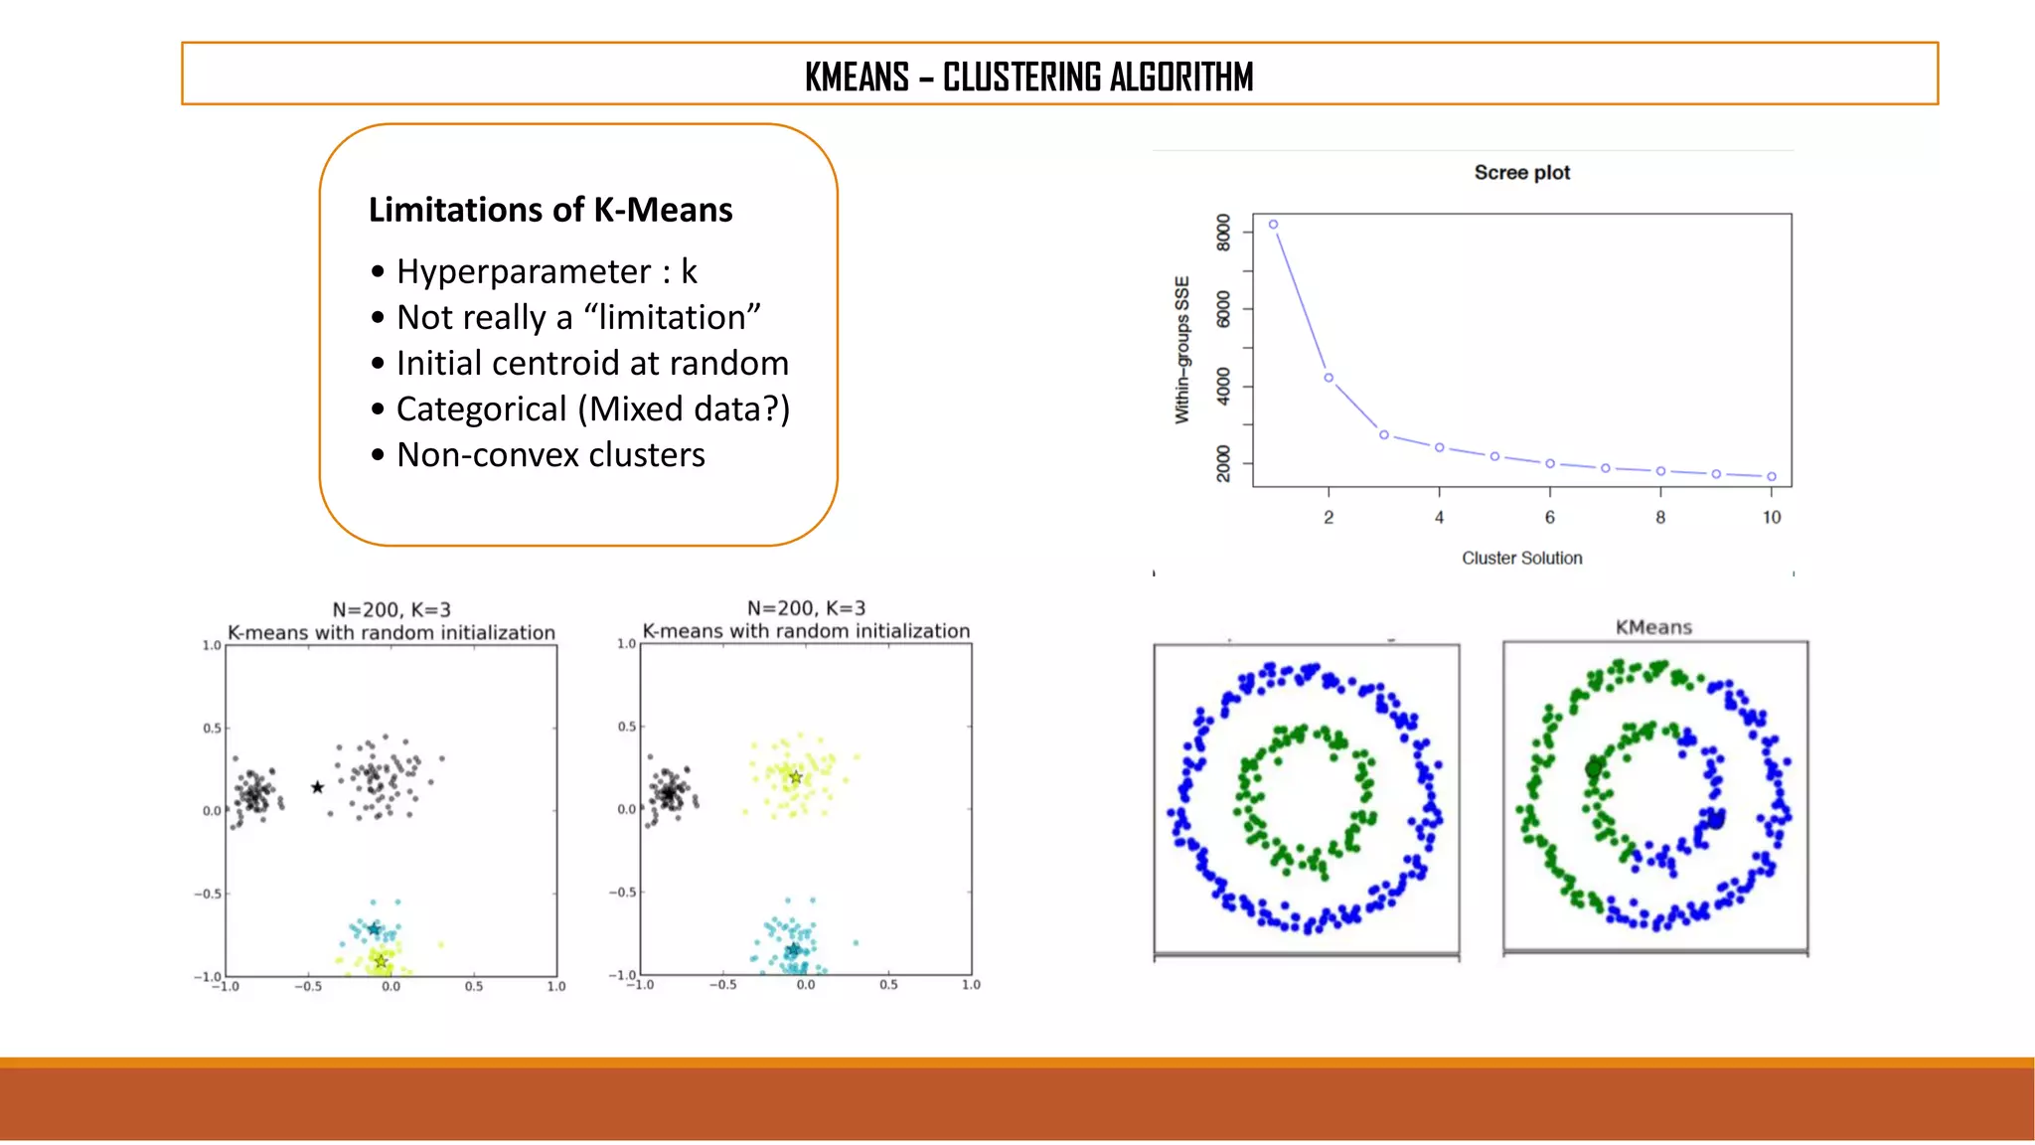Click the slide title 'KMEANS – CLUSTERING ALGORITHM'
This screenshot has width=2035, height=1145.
tap(1028, 77)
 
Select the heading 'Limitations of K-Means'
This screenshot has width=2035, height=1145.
tap(549, 210)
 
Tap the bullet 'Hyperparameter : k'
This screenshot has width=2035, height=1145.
tap(547, 271)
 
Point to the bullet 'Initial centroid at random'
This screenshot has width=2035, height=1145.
tap(592, 363)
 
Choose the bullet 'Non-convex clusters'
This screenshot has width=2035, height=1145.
tap(550, 454)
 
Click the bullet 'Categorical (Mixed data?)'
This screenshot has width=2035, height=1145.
tap(593, 409)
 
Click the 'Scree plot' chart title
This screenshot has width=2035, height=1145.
tap(1521, 173)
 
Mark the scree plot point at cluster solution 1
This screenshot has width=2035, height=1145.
tap(1274, 225)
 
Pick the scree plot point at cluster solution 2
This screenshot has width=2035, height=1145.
tap(1329, 378)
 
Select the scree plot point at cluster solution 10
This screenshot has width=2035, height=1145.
tap(1772, 477)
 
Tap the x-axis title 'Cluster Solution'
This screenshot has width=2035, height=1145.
tap(1521, 559)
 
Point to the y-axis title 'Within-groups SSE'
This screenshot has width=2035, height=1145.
tap(1182, 350)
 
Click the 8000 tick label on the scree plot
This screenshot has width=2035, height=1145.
tap(1223, 233)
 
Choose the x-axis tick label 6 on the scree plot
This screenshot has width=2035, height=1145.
tap(1549, 518)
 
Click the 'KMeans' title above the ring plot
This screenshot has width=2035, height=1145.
tap(1653, 627)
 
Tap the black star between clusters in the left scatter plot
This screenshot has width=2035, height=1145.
tap(317, 787)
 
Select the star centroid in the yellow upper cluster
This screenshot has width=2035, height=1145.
tap(795, 777)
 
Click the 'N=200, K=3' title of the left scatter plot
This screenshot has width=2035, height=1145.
tap(391, 609)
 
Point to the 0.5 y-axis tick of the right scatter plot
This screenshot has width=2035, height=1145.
tap(626, 727)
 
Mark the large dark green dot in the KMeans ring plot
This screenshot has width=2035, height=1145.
tap(1594, 768)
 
